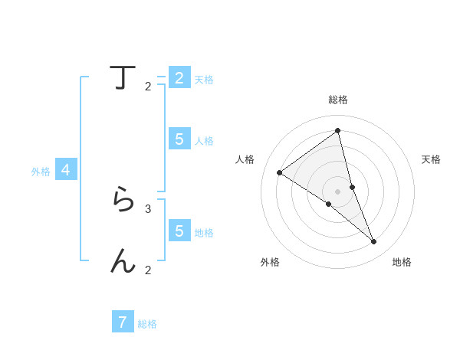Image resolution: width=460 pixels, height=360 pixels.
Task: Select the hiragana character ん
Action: pyautogui.click(x=123, y=261)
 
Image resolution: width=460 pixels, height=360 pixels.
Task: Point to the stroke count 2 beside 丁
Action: pyautogui.click(x=148, y=87)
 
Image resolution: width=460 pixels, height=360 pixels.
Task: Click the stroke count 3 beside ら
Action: pyautogui.click(x=148, y=208)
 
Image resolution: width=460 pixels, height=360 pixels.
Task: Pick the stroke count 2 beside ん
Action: pyautogui.click(x=148, y=270)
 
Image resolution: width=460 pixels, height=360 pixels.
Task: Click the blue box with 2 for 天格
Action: pyautogui.click(x=179, y=77)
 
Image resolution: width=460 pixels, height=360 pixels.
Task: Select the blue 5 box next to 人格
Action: pyautogui.click(x=179, y=139)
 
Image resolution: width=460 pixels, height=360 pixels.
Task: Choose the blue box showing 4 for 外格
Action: pyautogui.click(x=66, y=170)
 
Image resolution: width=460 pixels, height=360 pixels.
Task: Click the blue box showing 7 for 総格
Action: pyautogui.click(x=123, y=322)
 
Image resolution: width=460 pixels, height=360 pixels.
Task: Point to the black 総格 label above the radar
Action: pyautogui.click(x=338, y=100)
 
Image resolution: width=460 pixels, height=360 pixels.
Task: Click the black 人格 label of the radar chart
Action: pyautogui.click(x=245, y=159)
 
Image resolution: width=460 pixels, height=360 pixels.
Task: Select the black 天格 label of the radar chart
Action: pyautogui.click(x=432, y=159)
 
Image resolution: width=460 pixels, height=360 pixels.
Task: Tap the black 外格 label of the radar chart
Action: pyautogui.click(x=270, y=262)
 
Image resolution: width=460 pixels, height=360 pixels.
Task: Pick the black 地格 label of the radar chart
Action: pyautogui.click(x=402, y=262)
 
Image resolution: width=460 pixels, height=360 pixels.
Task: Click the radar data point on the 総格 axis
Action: pyautogui.click(x=338, y=130)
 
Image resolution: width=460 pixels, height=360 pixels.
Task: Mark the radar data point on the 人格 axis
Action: pyautogui.click(x=280, y=172)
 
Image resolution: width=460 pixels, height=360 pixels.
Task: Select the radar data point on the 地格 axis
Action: pyautogui.click(x=374, y=241)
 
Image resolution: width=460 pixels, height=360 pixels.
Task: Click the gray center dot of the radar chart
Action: pyautogui.click(x=338, y=191)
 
